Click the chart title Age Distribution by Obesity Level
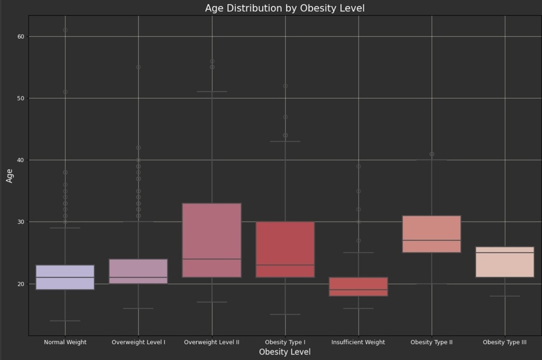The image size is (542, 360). click(284, 8)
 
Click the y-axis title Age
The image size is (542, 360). click(10, 175)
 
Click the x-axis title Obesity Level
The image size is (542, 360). click(284, 352)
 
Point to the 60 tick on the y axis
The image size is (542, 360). click(21, 37)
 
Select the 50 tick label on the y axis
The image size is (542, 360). click(21, 98)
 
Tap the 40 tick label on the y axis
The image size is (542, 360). click(21, 160)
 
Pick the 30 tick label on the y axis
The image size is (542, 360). click(21, 222)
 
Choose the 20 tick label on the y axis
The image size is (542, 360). click(21, 284)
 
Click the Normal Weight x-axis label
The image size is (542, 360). click(65, 342)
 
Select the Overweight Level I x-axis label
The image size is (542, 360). click(139, 342)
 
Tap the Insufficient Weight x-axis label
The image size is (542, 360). click(358, 342)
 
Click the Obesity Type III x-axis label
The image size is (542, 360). click(505, 342)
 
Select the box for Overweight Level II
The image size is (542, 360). click(212, 240)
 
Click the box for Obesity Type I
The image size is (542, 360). click(285, 249)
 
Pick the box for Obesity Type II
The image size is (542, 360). click(432, 234)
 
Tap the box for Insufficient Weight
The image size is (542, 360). click(358, 287)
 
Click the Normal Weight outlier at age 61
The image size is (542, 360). click(65, 30)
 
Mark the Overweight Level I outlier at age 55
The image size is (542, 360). click(139, 67)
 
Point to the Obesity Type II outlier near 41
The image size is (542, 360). click(432, 154)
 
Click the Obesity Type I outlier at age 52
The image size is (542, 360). click(285, 86)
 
